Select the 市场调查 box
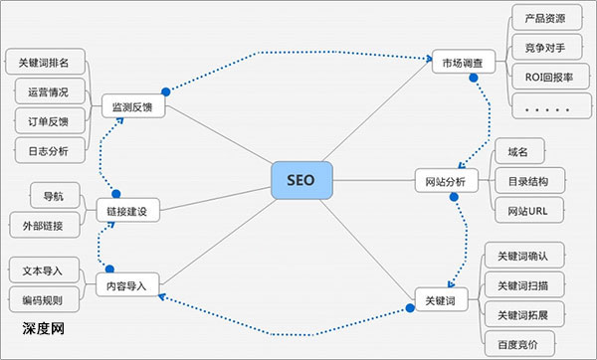pos(463,63)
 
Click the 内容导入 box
pos(127,286)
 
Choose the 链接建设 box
pos(127,211)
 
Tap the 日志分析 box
pos(45,149)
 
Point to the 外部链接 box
pos(45,226)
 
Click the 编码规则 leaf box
pos(45,299)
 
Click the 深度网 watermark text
pos(43,327)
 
